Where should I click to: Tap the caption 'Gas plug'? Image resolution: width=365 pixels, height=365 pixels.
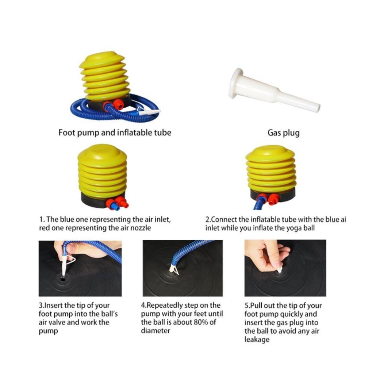pos(283,133)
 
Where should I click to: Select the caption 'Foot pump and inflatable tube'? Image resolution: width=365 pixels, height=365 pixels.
pos(115,132)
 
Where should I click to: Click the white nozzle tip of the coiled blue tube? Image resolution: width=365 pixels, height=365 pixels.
pos(149,112)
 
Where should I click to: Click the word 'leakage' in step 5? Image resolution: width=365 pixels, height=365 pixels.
pos(257,339)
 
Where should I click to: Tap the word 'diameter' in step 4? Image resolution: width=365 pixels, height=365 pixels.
pos(155,331)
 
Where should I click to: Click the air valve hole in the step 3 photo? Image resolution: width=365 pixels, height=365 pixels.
pos(63,278)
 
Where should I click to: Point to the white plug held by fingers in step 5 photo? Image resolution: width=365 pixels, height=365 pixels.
pos(280,270)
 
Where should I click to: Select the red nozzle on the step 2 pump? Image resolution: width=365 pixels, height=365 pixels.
pos(274,200)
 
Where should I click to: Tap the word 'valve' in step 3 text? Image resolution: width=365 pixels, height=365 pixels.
pos(57,322)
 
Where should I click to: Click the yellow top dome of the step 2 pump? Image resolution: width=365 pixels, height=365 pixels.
pos(270,153)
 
